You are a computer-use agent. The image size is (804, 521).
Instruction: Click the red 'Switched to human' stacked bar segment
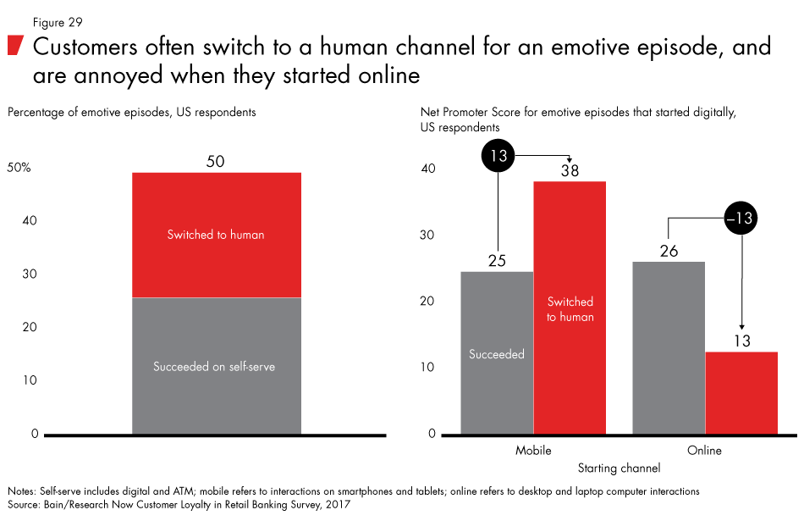tap(217, 235)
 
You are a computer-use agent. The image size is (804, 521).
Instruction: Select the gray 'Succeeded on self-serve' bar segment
tap(217, 366)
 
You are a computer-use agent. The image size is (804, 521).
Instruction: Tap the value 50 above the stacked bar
tap(217, 162)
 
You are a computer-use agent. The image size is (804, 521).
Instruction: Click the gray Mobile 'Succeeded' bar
tap(497, 353)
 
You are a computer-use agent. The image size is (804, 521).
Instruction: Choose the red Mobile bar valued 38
tap(570, 308)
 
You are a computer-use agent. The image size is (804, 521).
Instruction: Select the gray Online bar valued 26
tap(669, 347)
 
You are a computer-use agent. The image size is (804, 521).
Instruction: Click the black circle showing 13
tap(498, 155)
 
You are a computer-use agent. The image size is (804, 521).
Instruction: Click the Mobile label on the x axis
tap(533, 451)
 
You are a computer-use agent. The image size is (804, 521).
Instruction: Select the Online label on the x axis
tap(704, 451)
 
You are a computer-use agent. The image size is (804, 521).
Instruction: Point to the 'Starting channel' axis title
tap(619, 468)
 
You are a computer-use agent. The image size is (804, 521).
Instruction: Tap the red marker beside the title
tap(14, 46)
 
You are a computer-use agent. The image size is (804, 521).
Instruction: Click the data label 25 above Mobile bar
tap(497, 261)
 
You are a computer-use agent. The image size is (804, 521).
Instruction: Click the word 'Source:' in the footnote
tap(25, 504)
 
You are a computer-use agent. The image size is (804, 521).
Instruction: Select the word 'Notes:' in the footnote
tap(23, 491)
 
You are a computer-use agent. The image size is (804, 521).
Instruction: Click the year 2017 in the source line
tap(337, 504)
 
